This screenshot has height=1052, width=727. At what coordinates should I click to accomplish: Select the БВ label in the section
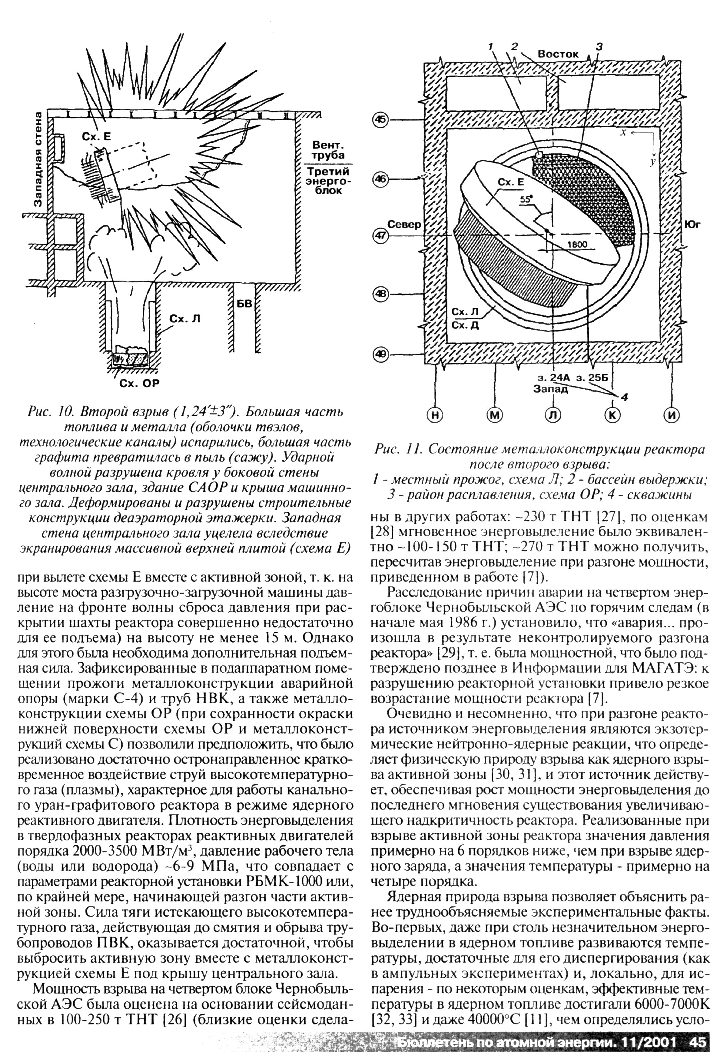(245, 303)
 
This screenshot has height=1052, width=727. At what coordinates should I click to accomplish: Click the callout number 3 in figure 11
(599, 47)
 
